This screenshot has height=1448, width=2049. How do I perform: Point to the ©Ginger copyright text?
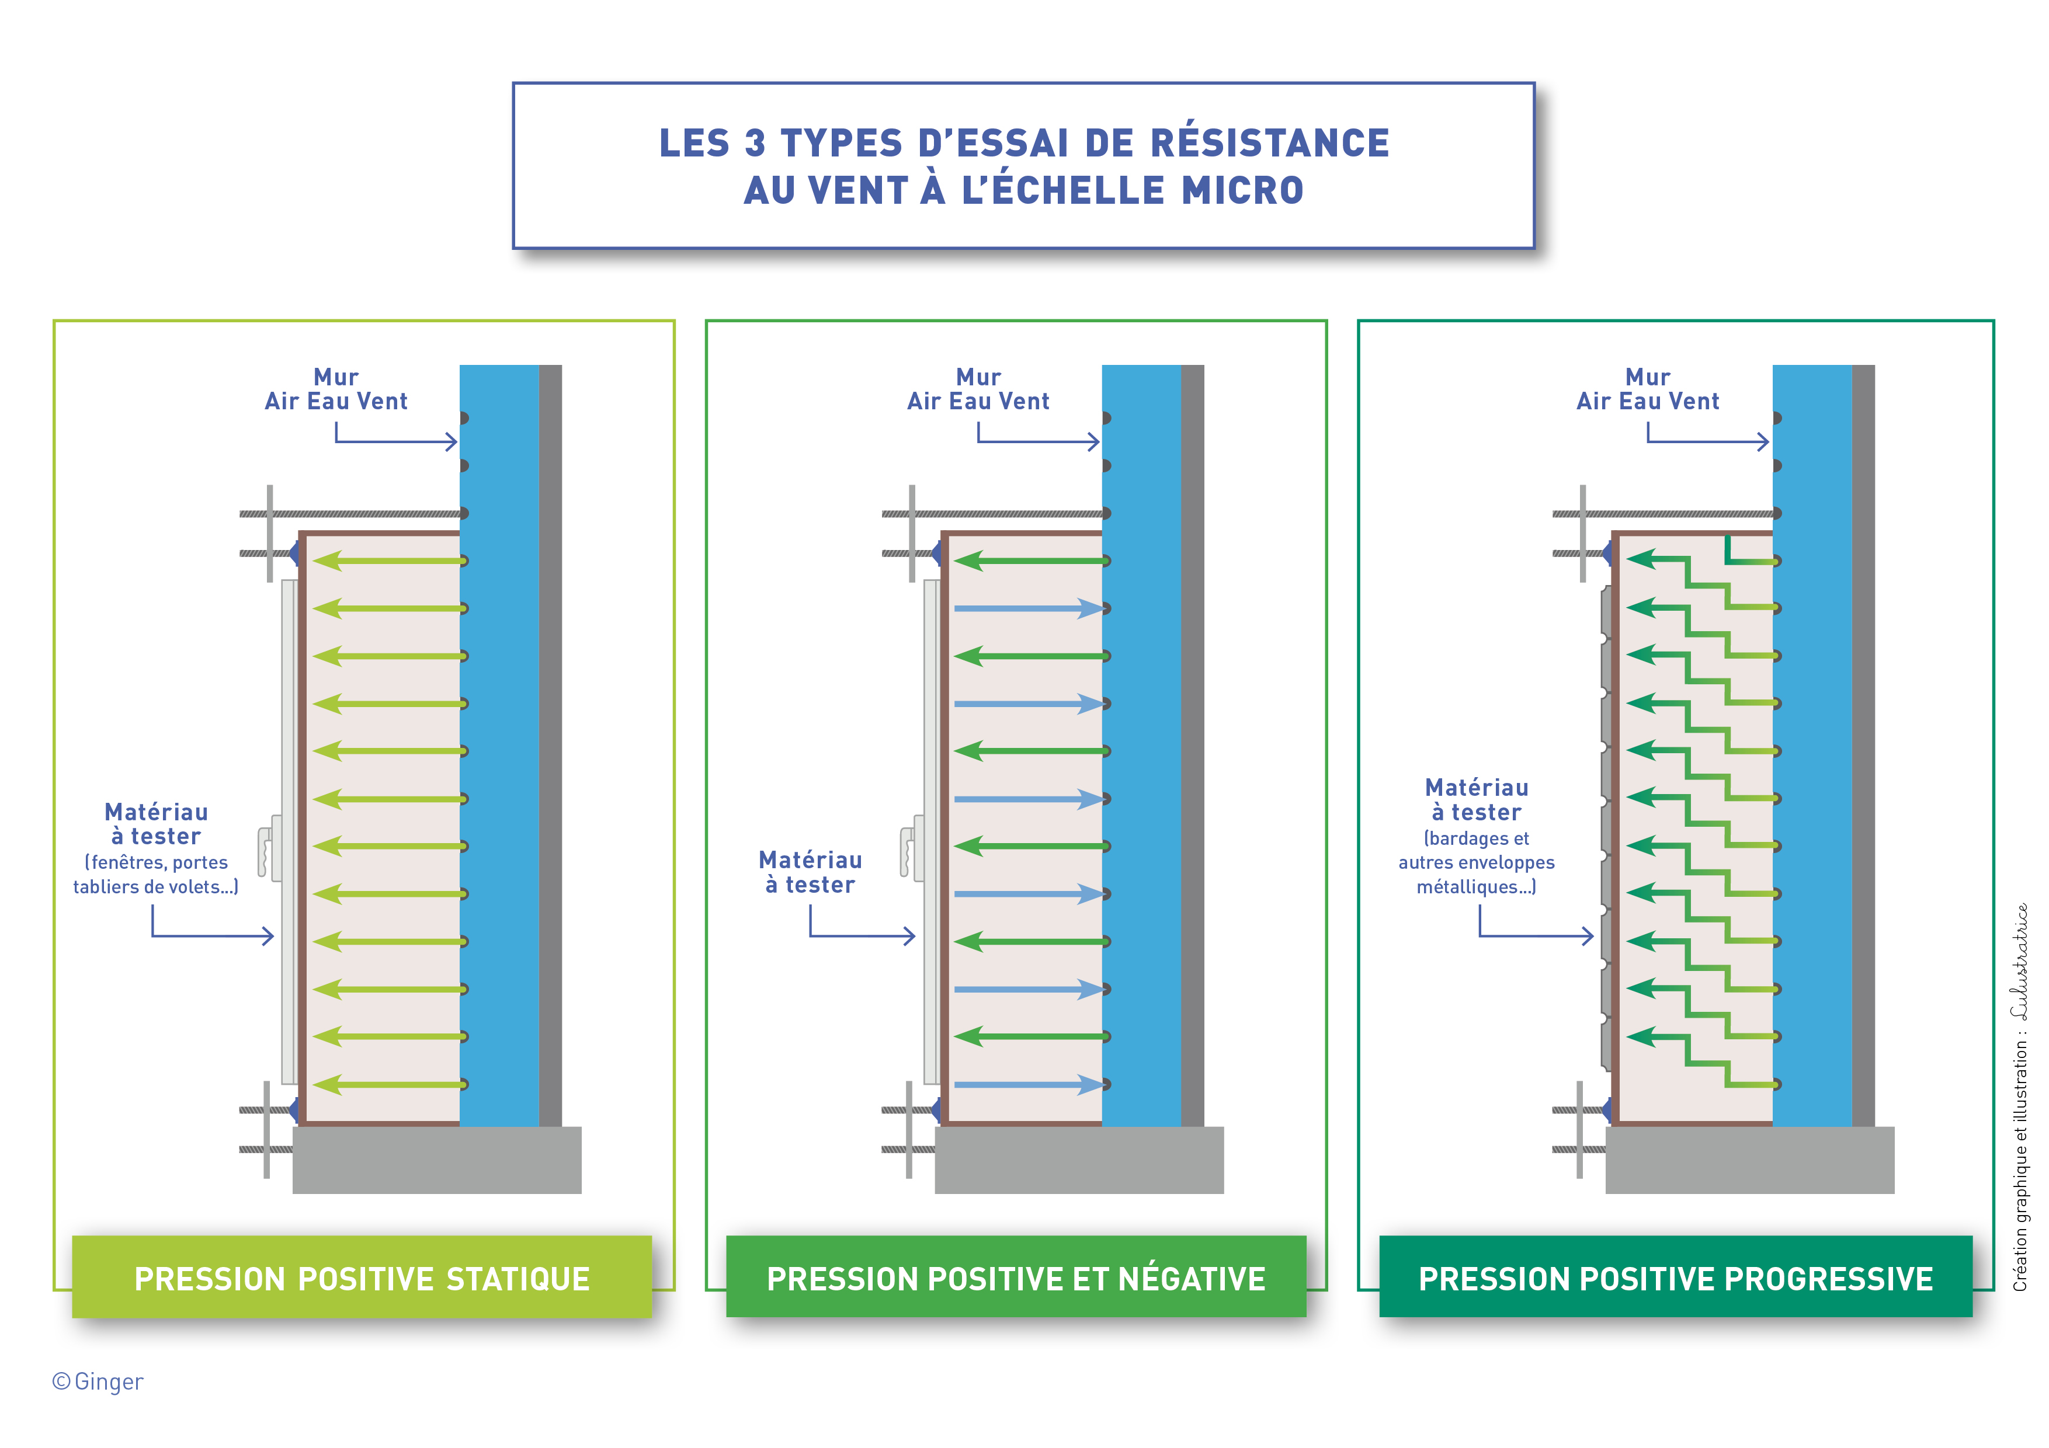tap(98, 1381)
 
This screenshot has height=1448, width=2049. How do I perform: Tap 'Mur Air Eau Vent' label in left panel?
tap(335, 390)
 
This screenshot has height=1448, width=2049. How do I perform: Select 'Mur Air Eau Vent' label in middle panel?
tap(978, 390)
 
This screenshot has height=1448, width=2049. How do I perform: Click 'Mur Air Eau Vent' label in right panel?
tap(1647, 390)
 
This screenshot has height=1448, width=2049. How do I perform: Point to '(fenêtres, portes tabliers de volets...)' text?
tap(156, 874)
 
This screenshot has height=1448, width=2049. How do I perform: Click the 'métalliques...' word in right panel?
tap(1476, 887)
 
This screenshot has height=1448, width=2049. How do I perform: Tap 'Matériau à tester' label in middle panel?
tap(810, 872)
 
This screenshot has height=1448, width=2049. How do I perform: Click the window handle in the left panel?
tap(266, 850)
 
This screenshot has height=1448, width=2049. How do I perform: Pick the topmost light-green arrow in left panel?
tap(389, 561)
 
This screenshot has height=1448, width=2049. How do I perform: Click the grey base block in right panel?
tap(1749, 1160)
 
